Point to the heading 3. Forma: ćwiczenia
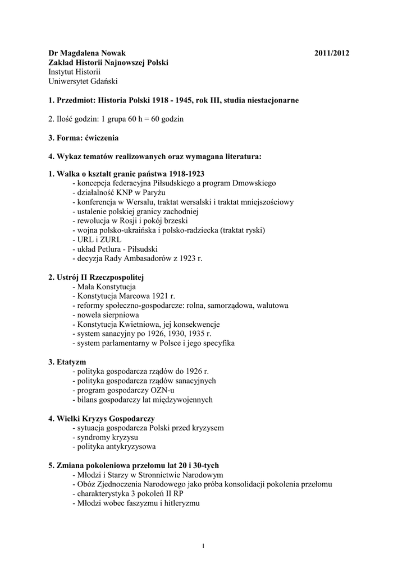pos(84,137)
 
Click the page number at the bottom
pos(203,545)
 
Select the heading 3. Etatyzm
pos(67,362)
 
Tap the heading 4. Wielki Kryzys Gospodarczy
pos(102,419)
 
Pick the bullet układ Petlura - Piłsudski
pos(115,249)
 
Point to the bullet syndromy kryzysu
pos(106,437)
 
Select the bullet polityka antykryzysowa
pos(114,447)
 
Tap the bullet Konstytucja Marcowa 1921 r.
pos(124,296)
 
